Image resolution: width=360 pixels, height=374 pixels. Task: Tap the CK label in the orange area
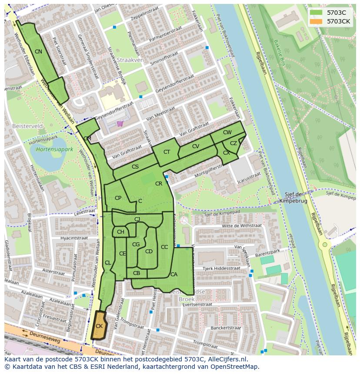click(99, 326)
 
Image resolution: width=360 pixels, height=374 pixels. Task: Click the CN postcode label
click(38, 52)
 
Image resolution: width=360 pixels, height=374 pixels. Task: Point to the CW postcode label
click(227, 132)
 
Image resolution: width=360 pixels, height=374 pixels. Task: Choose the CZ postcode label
click(233, 143)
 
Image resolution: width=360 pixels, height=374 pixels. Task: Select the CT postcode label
click(167, 152)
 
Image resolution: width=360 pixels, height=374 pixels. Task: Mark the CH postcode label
click(120, 232)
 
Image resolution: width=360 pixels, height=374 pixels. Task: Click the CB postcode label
click(137, 273)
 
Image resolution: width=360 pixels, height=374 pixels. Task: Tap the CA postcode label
click(174, 274)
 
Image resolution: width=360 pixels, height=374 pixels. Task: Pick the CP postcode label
click(118, 198)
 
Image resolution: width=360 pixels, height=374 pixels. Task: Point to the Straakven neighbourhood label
click(128, 60)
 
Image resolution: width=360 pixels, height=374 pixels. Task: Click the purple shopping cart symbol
click(120, 123)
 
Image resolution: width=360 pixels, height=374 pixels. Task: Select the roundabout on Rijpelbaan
click(324, 245)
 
